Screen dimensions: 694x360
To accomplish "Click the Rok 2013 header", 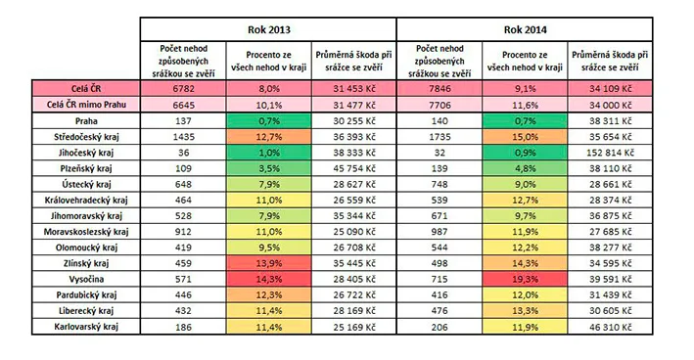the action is click(268, 29).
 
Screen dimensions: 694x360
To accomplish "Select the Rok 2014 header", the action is click(525, 29).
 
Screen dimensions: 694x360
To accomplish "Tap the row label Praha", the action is click(86, 120).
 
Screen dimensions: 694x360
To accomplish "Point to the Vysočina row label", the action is click(86, 279).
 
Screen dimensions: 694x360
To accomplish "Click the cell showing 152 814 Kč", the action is click(611, 153).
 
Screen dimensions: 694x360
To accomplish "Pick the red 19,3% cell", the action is click(525, 279).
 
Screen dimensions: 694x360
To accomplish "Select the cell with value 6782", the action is click(183, 88).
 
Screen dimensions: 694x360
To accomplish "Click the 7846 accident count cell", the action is click(440, 88).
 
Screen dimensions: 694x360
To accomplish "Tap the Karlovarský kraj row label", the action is click(86, 327).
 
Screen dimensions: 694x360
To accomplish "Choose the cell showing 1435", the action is click(183, 137).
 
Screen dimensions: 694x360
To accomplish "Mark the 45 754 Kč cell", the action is click(354, 168).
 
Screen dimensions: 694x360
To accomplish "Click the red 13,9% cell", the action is click(268, 263).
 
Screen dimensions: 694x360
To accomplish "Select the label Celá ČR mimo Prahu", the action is click(86, 105).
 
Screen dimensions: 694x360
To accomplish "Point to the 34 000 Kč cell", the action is click(611, 105).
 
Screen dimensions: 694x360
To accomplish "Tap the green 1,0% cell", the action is click(268, 153).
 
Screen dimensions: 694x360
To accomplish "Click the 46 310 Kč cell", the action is click(611, 327).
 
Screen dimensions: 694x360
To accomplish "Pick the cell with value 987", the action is click(440, 232).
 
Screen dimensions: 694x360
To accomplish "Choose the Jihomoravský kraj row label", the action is click(86, 216).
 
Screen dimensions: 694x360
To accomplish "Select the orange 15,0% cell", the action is click(525, 137).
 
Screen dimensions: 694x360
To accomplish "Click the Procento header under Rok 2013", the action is click(268, 61).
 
